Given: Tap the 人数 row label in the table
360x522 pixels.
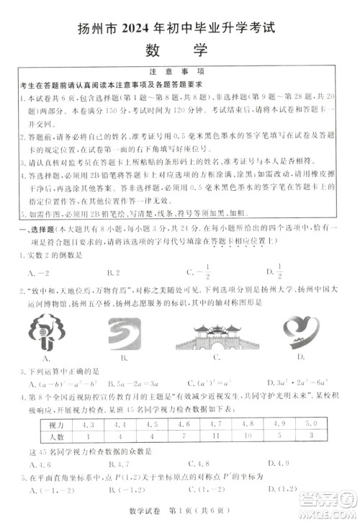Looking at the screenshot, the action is point(45,436).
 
